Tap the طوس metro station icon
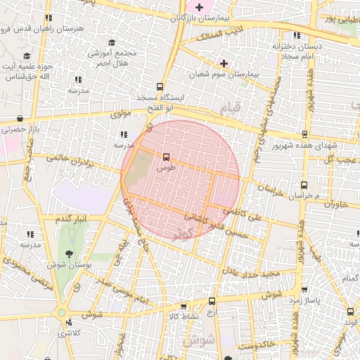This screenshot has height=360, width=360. pyautogui.click(x=167, y=157)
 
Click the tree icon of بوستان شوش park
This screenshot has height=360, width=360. pyautogui.click(x=70, y=252)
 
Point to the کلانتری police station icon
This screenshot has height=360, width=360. pyautogui.click(x=68, y=323)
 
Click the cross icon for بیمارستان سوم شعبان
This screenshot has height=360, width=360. pyautogui.click(x=224, y=63)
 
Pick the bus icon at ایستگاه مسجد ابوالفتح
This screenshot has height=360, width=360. pyautogui.click(x=162, y=86)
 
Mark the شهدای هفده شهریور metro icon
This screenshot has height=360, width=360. pyautogui.click(x=304, y=134)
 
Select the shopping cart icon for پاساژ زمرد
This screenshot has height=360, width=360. pyautogui.click(x=304, y=290)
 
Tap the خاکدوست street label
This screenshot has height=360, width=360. pyautogui.click(x=256, y=345)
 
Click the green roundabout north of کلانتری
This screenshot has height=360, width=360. pyautogui.click(x=62, y=312)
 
